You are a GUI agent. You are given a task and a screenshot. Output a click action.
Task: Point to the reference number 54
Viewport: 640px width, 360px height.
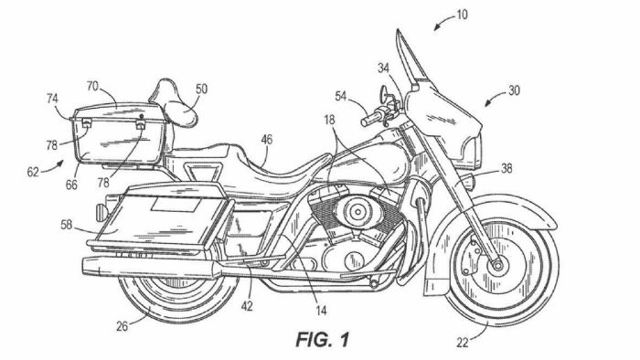coord(339,97)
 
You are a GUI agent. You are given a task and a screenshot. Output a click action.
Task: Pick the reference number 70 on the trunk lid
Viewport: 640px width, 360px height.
coord(92,85)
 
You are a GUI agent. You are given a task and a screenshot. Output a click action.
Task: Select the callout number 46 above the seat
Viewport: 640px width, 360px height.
coord(266,139)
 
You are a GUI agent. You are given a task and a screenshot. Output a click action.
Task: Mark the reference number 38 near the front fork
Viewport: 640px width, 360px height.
coord(506,167)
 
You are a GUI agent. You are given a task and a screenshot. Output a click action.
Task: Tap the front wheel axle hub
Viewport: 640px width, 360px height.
coord(498,264)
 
